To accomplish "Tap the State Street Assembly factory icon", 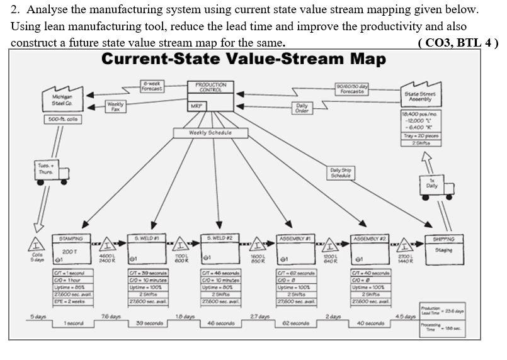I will click(420, 96).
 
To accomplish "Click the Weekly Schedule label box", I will click(210, 133).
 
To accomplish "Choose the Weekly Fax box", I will click(115, 106).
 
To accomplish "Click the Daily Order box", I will click(302, 108).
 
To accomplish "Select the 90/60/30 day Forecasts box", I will click(351, 89).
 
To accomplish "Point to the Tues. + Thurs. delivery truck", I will click(52, 172).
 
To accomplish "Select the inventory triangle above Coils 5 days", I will click(37, 243).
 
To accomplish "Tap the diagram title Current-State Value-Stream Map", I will click(243, 59).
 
